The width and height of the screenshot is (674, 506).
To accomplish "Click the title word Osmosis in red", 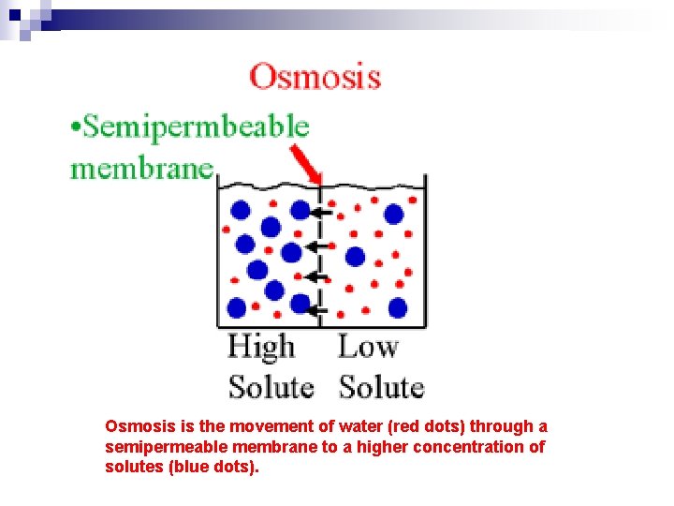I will click(315, 76).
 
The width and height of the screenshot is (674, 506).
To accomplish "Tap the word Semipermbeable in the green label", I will click(196, 126).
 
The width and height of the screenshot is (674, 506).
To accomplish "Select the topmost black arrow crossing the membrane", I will click(320, 214).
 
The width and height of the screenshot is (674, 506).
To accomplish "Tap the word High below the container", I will click(261, 348).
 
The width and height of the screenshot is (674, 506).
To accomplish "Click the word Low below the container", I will click(368, 348).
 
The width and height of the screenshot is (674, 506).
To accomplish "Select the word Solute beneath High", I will click(271, 386).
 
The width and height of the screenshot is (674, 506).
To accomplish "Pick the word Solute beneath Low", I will click(381, 386).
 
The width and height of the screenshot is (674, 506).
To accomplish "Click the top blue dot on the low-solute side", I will click(394, 215).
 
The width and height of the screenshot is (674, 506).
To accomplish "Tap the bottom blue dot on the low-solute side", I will click(398, 306).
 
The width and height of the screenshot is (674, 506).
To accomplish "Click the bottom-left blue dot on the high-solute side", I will click(237, 307).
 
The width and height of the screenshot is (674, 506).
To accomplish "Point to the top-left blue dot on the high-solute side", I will click(241, 209).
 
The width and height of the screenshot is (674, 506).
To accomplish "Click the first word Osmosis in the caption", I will click(134, 426).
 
